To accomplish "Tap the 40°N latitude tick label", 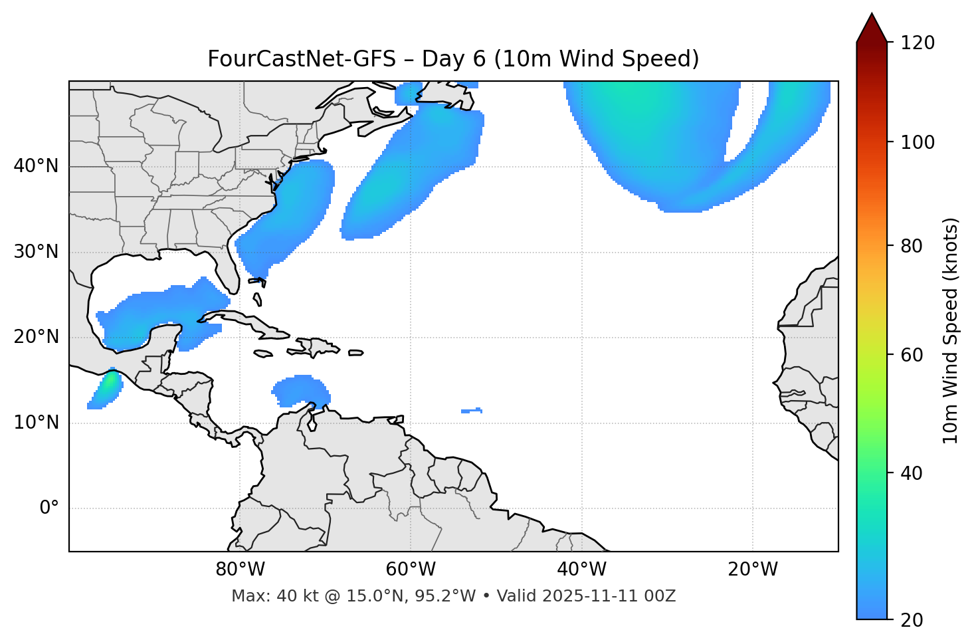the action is pyautogui.click(x=36, y=165).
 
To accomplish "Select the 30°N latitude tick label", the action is pyautogui.click(x=36, y=252).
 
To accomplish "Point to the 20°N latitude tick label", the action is pyautogui.click(x=36, y=337).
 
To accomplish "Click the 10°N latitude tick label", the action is pyautogui.click(x=36, y=423).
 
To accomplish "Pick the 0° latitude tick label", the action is pyautogui.click(x=49, y=508).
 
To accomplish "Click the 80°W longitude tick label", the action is pyautogui.click(x=240, y=570).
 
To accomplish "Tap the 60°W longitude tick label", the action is pyautogui.click(x=411, y=570).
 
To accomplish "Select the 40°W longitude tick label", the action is pyautogui.click(x=581, y=570).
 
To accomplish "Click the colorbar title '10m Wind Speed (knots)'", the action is pyautogui.click(x=951, y=330).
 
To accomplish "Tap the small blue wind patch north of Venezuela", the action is pyautogui.click(x=302, y=391).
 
